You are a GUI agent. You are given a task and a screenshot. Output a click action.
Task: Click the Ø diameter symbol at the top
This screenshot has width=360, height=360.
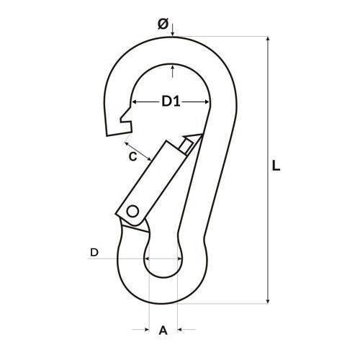point(163,24)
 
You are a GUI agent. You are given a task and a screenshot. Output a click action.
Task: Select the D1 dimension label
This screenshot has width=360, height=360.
point(171,102)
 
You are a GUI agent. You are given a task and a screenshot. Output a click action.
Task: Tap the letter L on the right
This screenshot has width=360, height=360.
point(276,166)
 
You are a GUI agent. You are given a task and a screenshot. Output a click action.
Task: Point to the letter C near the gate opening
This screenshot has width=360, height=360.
point(132,157)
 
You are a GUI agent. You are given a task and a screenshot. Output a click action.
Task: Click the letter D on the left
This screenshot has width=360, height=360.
point(94,253)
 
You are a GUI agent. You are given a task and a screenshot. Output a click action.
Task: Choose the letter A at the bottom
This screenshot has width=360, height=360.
point(163,330)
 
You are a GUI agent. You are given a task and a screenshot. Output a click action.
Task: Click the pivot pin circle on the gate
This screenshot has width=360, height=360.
point(132,212)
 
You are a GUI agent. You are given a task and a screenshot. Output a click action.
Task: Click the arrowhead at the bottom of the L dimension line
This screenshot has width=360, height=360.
point(268,300)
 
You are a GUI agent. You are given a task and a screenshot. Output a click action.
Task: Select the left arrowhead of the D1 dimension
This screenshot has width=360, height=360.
point(135,102)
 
